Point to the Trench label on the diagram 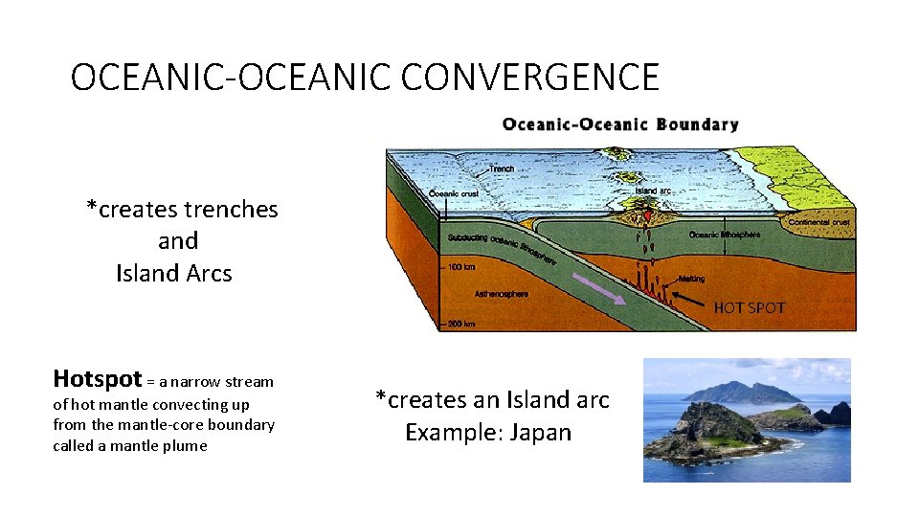502,169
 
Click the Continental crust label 819,222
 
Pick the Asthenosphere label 501,294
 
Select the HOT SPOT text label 749,308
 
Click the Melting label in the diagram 690,280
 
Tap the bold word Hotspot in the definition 97,378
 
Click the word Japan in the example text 541,433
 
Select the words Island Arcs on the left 173,274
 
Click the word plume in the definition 185,446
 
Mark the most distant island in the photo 732,391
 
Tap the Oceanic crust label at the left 452,192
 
